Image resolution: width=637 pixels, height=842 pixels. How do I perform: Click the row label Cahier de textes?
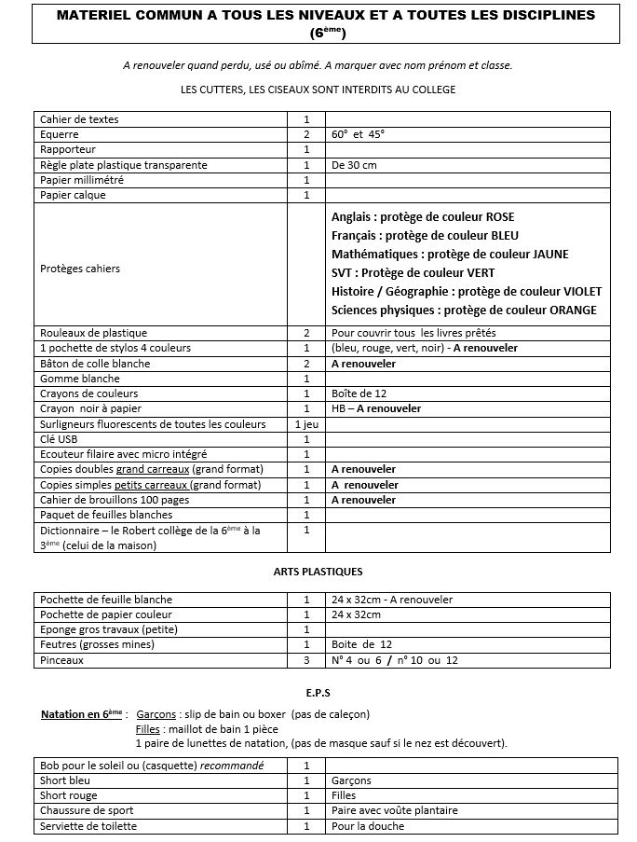tap(79, 119)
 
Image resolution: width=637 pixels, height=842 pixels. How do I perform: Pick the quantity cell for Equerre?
tap(305, 134)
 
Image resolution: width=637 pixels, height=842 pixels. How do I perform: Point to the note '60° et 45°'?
tap(358, 134)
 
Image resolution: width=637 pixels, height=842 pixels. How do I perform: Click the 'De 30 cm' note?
tap(354, 165)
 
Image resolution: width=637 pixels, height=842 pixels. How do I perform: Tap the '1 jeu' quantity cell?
tap(305, 424)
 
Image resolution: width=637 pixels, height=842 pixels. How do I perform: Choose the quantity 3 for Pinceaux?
tap(305, 660)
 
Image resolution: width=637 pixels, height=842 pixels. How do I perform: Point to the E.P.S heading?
tap(318, 694)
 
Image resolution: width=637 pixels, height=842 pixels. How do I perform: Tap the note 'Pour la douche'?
tap(368, 826)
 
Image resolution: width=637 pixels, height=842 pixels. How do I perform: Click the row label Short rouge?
tap(68, 795)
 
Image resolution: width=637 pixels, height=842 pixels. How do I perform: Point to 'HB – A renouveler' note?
tap(375, 408)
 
